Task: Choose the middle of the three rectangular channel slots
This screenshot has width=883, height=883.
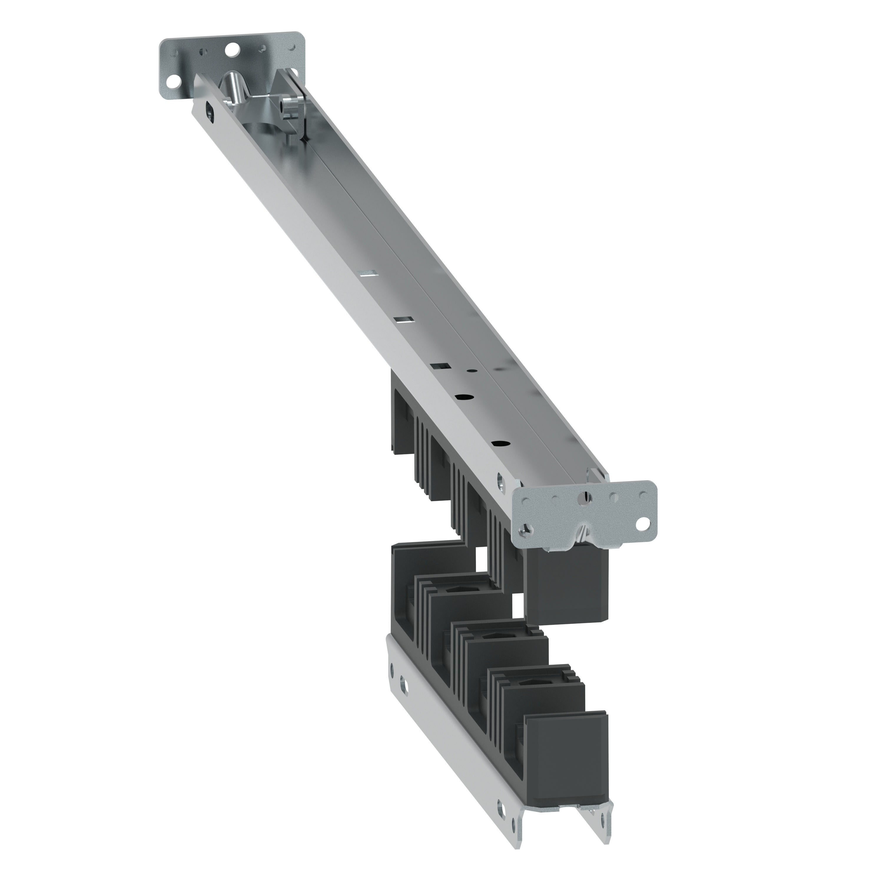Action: coord(403,319)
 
